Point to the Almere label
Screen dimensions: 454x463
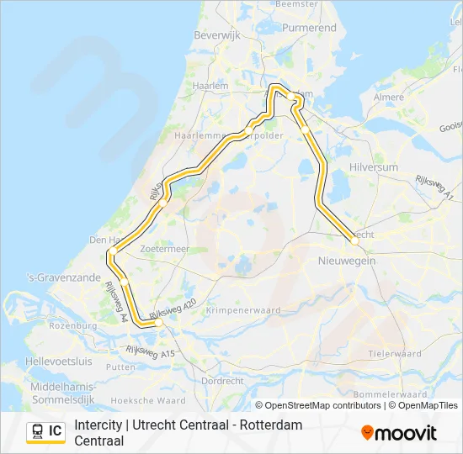pos(388,98)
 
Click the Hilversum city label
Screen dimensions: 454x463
pos(373,167)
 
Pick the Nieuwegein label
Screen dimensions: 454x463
pos(347,261)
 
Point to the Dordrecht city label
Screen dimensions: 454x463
pos(222,381)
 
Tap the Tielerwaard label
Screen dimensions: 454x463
pos(394,354)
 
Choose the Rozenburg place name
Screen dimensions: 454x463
pos(73,325)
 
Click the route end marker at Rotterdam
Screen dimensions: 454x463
pos(157,321)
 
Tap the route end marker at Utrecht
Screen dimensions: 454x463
pos(355,240)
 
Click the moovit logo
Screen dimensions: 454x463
pos(399,433)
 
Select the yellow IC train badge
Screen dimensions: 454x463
pos(45,431)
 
